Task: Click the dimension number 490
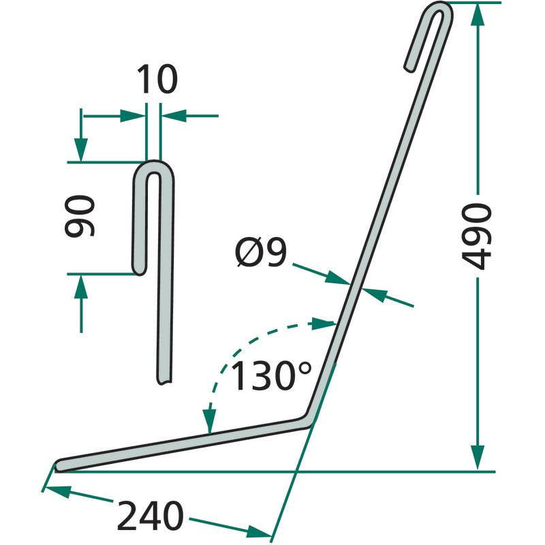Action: pos(476,236)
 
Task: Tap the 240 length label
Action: pos(150,516)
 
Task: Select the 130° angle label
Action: pos(270,375)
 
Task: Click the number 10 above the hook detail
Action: pos(157,79)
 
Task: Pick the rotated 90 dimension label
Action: pos(80,216)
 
